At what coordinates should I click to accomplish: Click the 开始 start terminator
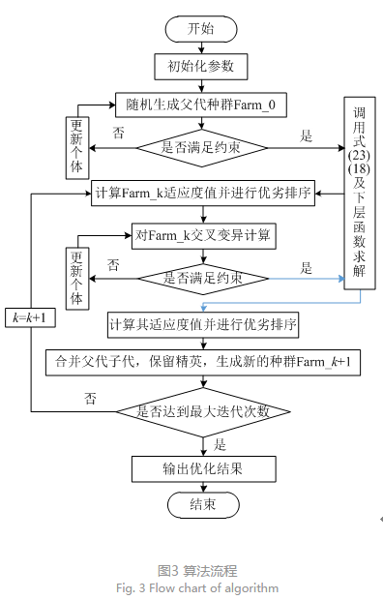click(x=202, y=29)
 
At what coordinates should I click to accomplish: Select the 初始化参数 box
click(x=202, y=66)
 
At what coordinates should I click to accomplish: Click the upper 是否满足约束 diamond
click(x=202, y=147)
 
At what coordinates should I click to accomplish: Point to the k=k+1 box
click(x=32, y=317)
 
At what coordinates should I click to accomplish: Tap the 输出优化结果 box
click(x=202, y=468)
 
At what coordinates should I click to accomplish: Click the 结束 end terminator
click(x=202, y=505)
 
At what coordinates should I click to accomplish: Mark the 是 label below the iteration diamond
click(x=221, y=444)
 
